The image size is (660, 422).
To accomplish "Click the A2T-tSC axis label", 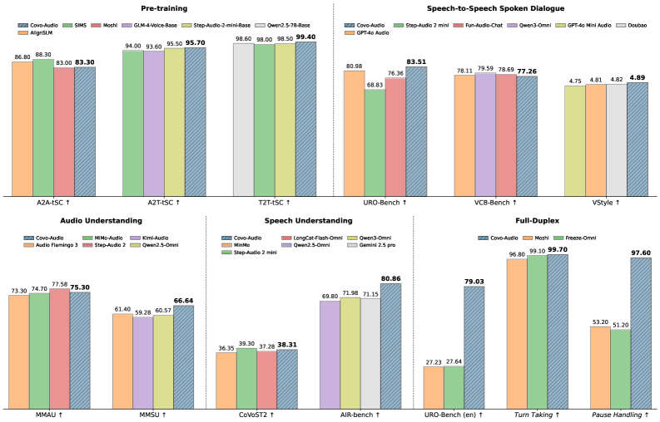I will click(x=164, y=201).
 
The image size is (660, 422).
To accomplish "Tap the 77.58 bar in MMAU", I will click(x=60, y=348).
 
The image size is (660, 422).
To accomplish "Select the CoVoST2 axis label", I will click(x=256, y=413).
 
